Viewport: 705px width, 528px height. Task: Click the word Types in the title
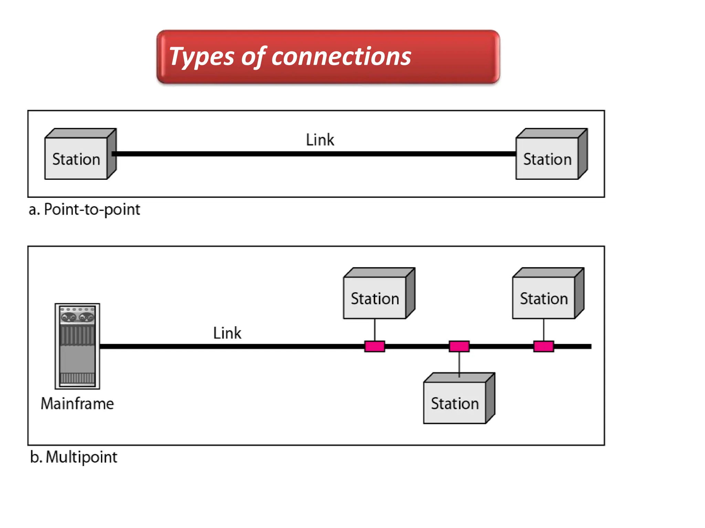201,57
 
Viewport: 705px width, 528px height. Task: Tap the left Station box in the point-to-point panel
76,158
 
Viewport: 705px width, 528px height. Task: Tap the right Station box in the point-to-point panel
547,158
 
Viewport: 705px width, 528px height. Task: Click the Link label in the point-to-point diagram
320,140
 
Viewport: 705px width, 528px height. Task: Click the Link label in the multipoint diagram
227,333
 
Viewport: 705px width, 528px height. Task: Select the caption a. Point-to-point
84,210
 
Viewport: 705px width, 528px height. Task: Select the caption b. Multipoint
74,457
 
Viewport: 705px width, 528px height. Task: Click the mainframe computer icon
77,346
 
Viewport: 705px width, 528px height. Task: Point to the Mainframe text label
77,404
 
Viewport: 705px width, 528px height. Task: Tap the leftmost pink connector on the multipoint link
375,346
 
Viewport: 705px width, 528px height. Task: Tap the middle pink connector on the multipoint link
459,346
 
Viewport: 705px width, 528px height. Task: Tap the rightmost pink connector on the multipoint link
544,346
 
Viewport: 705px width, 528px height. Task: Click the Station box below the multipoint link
455,403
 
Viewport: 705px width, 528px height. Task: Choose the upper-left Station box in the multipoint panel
375,298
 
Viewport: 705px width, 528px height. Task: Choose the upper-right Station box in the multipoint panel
544,298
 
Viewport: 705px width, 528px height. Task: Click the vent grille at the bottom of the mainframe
77,378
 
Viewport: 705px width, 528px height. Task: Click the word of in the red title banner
253,57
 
